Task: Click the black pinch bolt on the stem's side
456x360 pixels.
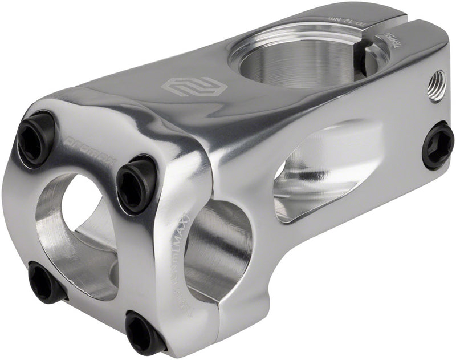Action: [438, 145]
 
